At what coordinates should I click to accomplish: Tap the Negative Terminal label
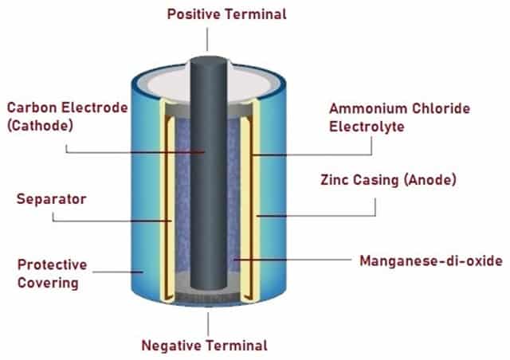(x=204, y=346)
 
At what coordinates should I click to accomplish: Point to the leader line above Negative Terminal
(x=208, y=323)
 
